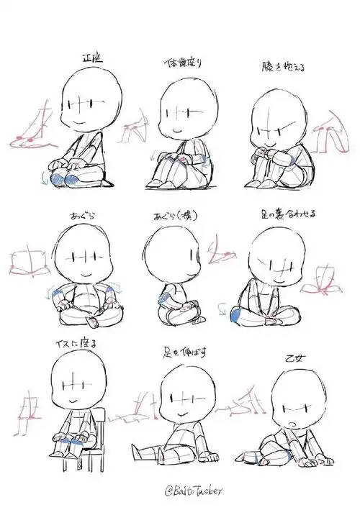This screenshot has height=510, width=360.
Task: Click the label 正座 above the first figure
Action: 93,58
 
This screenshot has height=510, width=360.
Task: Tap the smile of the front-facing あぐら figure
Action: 86,274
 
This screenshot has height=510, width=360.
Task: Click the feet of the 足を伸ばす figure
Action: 212,455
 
